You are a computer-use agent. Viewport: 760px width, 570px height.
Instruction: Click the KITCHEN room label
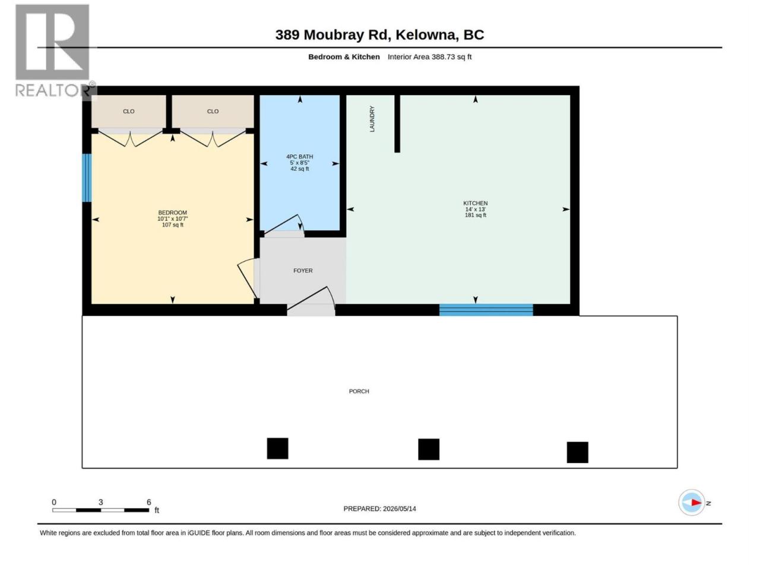pyautogui.click(x=475, y=203)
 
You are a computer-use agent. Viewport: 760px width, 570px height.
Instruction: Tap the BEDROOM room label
pyautogui.click(x=172, y=213)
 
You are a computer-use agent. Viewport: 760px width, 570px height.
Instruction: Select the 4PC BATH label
pyautogui.click(x=299, y=157)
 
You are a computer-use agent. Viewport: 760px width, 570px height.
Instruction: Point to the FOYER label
pyautogui.click(x=303, y=271)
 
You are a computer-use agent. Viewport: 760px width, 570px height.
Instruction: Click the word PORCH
pyautogui.click(x=359, y=391)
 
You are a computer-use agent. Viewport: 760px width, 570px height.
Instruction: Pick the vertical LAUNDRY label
pyautogui.click(x=372, y=119)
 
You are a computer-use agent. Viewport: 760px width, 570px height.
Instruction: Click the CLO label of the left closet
pyautogui.click(x=128, y=112)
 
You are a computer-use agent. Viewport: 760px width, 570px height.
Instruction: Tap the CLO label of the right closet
pyautogui.click(x=213, y=112)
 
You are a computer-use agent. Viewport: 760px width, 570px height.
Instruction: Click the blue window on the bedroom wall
pyautogui.click(x=87, y=178)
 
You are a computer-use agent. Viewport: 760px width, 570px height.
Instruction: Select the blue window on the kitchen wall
pyautogui.click(x=486, y=310)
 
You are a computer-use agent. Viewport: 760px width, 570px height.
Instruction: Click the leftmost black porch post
pyautogui.click(x=277, y=448)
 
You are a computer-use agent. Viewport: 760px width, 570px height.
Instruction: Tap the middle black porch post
pyautogui.click(x=429, y=449)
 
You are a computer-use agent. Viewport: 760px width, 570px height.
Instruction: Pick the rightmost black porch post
pyautogui.click(x=577, y=452)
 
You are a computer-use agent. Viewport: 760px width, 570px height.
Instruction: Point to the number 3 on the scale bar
pyautogui.click(x=100, y=502)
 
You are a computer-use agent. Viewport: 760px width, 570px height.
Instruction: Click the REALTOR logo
pyautogui.click(x=53, y=51)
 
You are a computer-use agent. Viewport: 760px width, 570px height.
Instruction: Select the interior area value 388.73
pyautogui.click(x=443, y=57)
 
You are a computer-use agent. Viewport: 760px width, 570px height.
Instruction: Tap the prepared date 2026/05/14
pyautogui.click(x=399, y=509)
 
